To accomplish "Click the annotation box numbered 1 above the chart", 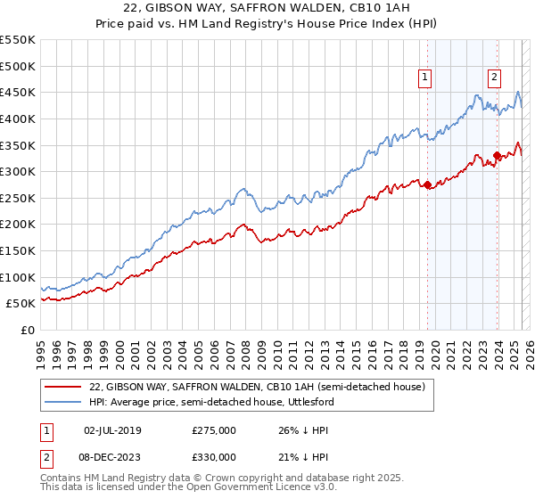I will (426, 78).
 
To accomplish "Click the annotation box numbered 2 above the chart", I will (494, 78).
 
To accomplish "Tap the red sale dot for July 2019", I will (427, 185).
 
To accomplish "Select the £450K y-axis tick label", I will (18, 92).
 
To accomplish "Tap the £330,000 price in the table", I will (214, 457).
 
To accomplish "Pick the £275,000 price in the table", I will (214, 430).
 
